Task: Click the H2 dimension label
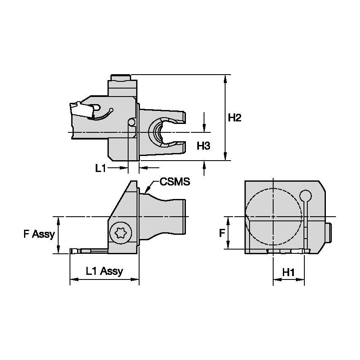234,118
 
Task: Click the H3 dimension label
204,146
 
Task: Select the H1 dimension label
288,272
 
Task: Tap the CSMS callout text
175,182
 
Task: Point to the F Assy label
39,234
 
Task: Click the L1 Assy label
104,271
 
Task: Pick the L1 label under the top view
100,169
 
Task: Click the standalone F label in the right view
222,233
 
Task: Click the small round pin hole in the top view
132,122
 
